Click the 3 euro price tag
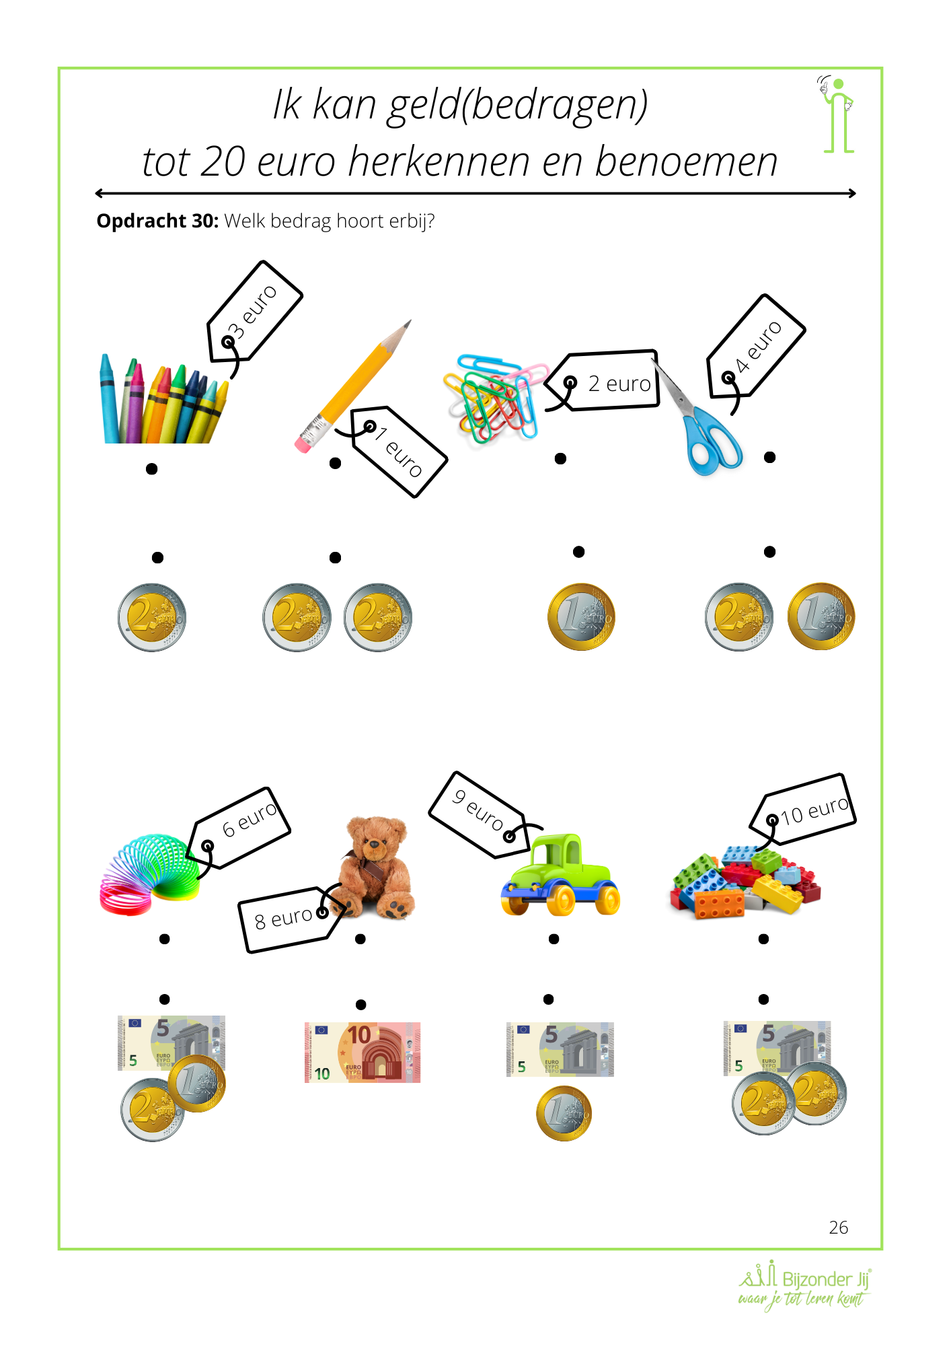pyautogui.click(x=254, y=312)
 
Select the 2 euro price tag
pyautogui.click(x=604, y=381)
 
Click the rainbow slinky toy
pyautogui.click(x=149, y=875)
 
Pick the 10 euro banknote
pyautogui.click(x=363, y=1052)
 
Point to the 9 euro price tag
pyautogui.click(x=480, y=814)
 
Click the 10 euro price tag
pyautogui.click(x=804, y=809)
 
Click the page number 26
pyautogui.click(x=838, y=1228)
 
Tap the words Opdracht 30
pyautogui.click(x=157, y=221)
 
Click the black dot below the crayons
pyautogui.click(x=152, y=468)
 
